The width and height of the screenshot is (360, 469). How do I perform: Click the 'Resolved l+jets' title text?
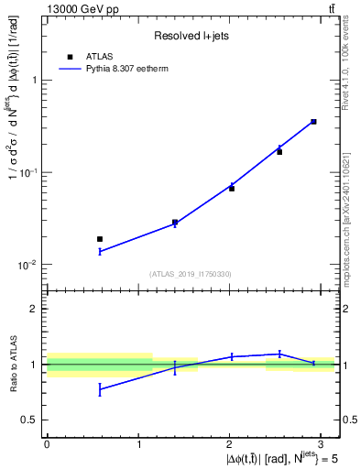pyautogui.click(x=189, y=37)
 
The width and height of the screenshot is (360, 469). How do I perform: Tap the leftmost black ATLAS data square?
pyautogui.click(x=100, y=239)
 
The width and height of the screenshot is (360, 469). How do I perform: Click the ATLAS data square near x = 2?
pyautogui.click(x=232, y=188)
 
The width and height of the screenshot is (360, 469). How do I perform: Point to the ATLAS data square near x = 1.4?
pyautogui.click(x=175, y=222)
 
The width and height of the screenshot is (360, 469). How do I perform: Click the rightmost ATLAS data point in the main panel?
pyautogui.click(x=313, y=121)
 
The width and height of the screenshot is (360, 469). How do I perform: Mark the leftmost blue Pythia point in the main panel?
pyautogui.click(x=100, y=251)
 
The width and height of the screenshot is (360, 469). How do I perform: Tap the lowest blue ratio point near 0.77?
pyautogui.click(x=100, y=389)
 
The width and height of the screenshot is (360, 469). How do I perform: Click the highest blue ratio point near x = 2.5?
pyautogui.click(x=279, y=354)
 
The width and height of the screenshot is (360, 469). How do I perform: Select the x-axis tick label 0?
pyautogui.click(x=47, y=443)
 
